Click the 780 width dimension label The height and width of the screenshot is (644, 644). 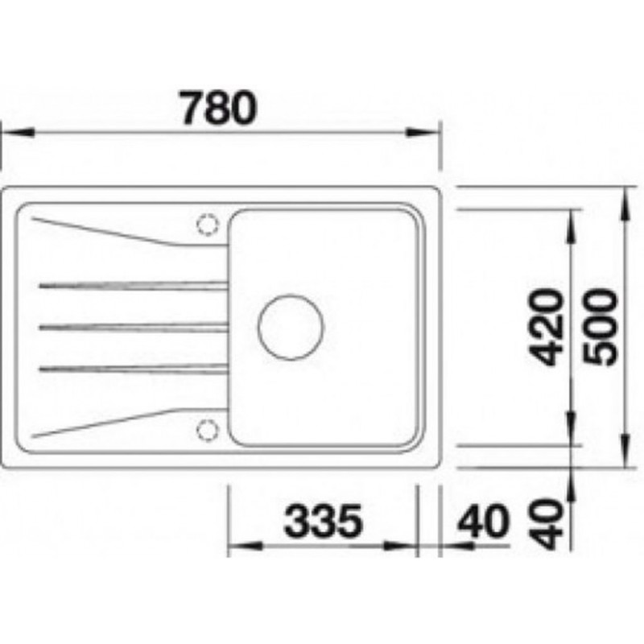[219, 108]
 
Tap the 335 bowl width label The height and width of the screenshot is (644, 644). [324, 521]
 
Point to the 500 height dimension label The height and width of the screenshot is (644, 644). [601, 327]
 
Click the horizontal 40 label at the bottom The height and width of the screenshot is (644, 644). [484, 521]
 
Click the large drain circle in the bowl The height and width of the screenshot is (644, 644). [291, 328]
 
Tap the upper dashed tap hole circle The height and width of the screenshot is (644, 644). [208, 225]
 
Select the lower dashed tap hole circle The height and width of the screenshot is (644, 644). [208, 431]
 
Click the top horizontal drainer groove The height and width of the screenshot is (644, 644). [134, 286]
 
